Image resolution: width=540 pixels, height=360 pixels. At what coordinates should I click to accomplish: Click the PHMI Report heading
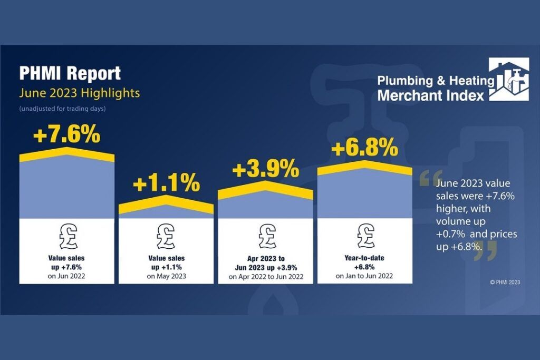tap(70, 73)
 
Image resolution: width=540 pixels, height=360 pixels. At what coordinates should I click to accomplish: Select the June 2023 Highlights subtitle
tap(79, 93)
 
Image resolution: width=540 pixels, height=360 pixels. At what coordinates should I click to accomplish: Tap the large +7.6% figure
tap(66, 135)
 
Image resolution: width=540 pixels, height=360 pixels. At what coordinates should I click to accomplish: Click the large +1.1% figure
tap(166, 184)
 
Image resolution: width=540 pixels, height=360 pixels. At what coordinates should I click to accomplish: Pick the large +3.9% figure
tap(265, 170)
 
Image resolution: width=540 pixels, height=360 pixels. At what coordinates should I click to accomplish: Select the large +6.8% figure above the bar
tap(364, 149)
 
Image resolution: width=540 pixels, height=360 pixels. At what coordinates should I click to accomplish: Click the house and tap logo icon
tap(508, 80)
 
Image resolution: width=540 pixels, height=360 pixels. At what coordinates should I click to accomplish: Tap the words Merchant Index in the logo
tap(430, 95)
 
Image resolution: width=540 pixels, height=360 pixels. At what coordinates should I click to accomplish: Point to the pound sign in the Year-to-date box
tap(364, 236)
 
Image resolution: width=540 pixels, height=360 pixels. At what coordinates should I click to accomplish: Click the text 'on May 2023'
tap(166, 276)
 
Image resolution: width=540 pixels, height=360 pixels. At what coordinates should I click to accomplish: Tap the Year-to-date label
tap(364, 258)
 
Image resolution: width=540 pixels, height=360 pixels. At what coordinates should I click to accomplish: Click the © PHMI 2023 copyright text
tap(505, 283)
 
